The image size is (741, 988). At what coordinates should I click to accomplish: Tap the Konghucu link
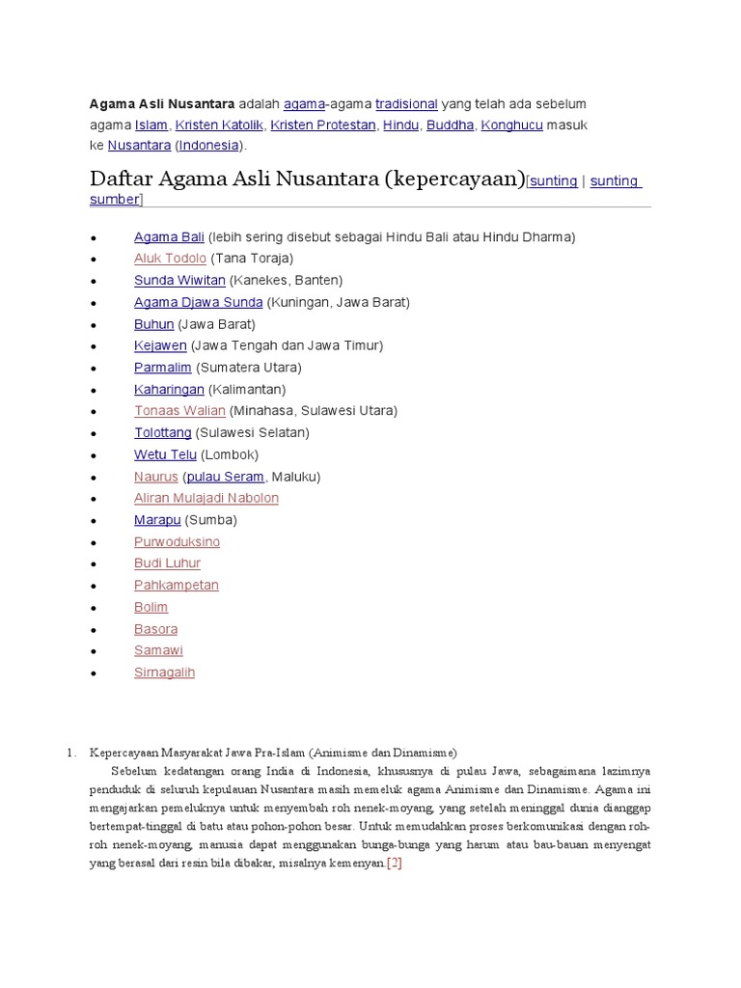[x=511, y=125]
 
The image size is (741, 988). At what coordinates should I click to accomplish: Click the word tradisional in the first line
[x=406, y=103]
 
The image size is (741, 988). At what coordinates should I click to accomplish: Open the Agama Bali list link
[x=169, y=236]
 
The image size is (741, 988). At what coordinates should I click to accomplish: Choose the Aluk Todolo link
[x=170, y=259]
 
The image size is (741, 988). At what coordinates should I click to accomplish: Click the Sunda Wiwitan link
[x=179, y=280]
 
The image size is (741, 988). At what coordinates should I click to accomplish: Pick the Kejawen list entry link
[x=160, y=345]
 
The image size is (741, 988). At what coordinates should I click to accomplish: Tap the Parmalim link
[x=162, y=368]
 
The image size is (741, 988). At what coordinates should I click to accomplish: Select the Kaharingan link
[x=169, y=390]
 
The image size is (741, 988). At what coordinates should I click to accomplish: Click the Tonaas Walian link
[x=179, y=411]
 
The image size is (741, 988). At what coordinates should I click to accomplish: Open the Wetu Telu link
[x=165, y=454]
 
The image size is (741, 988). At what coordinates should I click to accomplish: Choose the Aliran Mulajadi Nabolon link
[x=206, y=498]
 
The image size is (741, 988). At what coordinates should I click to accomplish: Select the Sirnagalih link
[x=164, y=672]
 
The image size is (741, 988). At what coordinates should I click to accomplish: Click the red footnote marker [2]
[x=394, y=863]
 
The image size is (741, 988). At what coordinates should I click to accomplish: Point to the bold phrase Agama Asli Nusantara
[x=161, y=103]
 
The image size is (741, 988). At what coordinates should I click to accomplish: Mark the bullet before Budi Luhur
[x=93, y=564]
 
